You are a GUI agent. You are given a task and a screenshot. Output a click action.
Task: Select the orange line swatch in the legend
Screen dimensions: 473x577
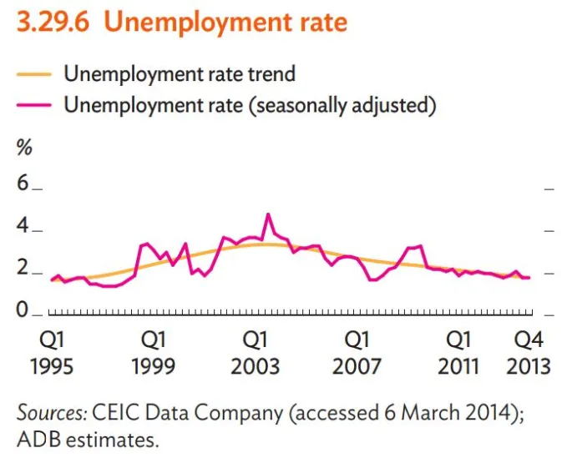(34, 73)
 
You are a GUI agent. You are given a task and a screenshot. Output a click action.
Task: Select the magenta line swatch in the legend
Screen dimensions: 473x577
(34, 105)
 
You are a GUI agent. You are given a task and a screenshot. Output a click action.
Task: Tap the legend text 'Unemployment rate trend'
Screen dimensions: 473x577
(180, 73)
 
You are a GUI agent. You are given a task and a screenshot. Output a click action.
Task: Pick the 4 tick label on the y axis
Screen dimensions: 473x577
(23, 227)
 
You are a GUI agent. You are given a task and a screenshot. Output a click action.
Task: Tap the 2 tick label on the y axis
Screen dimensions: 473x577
(23, 269)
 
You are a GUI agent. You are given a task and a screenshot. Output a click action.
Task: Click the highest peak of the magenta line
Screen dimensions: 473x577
(267, 214)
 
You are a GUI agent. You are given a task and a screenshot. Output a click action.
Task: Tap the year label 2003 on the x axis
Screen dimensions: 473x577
(256, 365)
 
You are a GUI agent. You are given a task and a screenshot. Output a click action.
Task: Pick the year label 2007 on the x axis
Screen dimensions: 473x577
(357, 365)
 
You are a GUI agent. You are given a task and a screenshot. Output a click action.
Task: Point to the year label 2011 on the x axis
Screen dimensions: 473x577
(458, 365)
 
